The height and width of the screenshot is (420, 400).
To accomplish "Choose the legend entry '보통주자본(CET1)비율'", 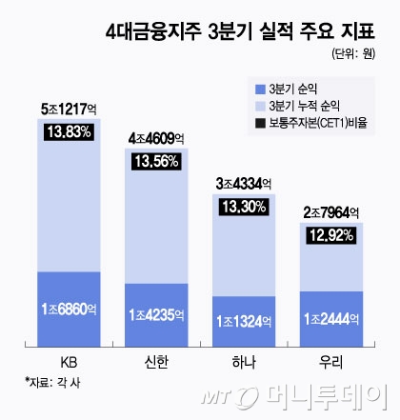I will tap(321, 122).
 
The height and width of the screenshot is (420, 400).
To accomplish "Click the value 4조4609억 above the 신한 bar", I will tap(160, 140).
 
